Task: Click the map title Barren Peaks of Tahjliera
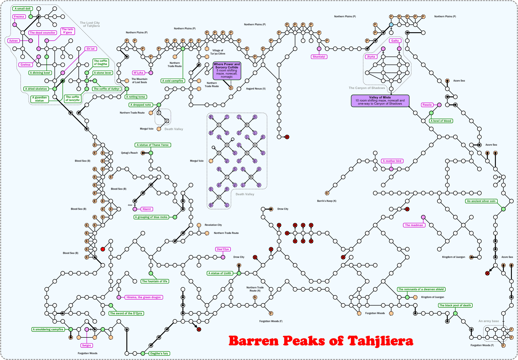pyautogui.click(x=321, y=341)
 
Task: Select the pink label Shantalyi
pyautogui.click(x=319, y=57)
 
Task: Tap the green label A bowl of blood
pyautogui.click(x=441, y=121)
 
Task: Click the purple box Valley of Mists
pyautogui.click(x=380, y=101)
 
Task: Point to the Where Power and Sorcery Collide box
pyautogui.click(x=227, y=70)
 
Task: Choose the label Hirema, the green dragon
pyautogui.click(x=144, y=297)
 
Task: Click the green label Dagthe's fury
pyautogui.click(x=159, y=353)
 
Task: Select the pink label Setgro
pyautogui.click(x=87, y=346)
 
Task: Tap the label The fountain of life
pyautogui.click(x=155, y=281)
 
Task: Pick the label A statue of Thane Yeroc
pyautogui.click(x=153, y=145)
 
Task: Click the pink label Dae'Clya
pyautogui.click(x=223, y=249)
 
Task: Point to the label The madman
pyautogui.click(x=414, y=225)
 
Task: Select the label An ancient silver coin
pyautogui.click(x=481, y=201)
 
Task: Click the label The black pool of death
pyautogui.click(x=455, y=305)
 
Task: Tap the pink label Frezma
pyautogui.click(x=19, y=17)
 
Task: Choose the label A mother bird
pyautogui.click(x=392, y=161)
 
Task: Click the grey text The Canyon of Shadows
pyautogui.click(x=367, y=88)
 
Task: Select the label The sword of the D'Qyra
pyautogui.click(x=126, y=314)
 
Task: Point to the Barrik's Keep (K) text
pyautogui.click(x=327, y=201)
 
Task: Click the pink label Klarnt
pyautogui.click(x=147, y=209)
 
